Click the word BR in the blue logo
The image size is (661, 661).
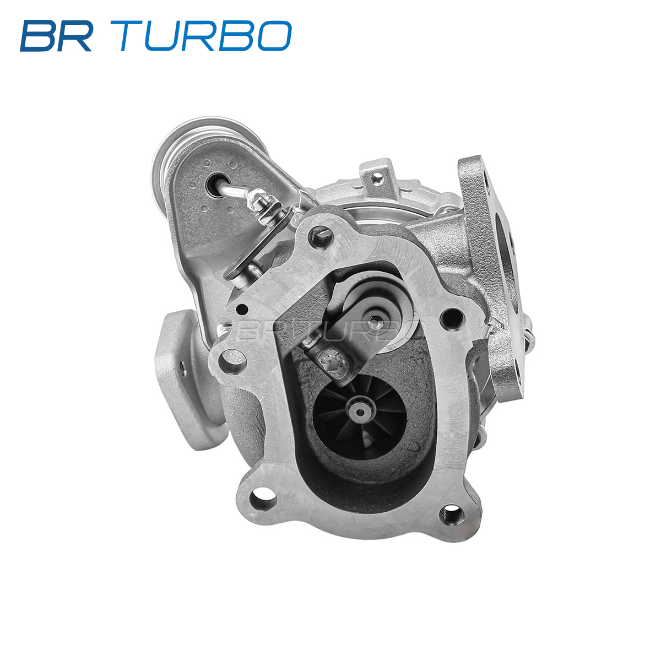[x=56, y=36]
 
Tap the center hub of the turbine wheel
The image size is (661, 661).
[x=360, y=411]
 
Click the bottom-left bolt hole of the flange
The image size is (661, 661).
[x=263, y=501]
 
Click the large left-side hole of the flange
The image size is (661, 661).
[x=232, y=360]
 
